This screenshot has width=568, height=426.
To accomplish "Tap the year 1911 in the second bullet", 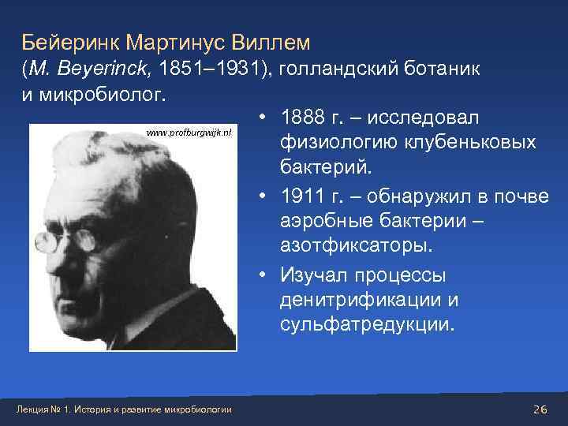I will (x=299, y=196).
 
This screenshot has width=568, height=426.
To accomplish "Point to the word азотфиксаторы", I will (x=354, y=247).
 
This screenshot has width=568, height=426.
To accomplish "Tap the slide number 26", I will (x=540, y=408).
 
